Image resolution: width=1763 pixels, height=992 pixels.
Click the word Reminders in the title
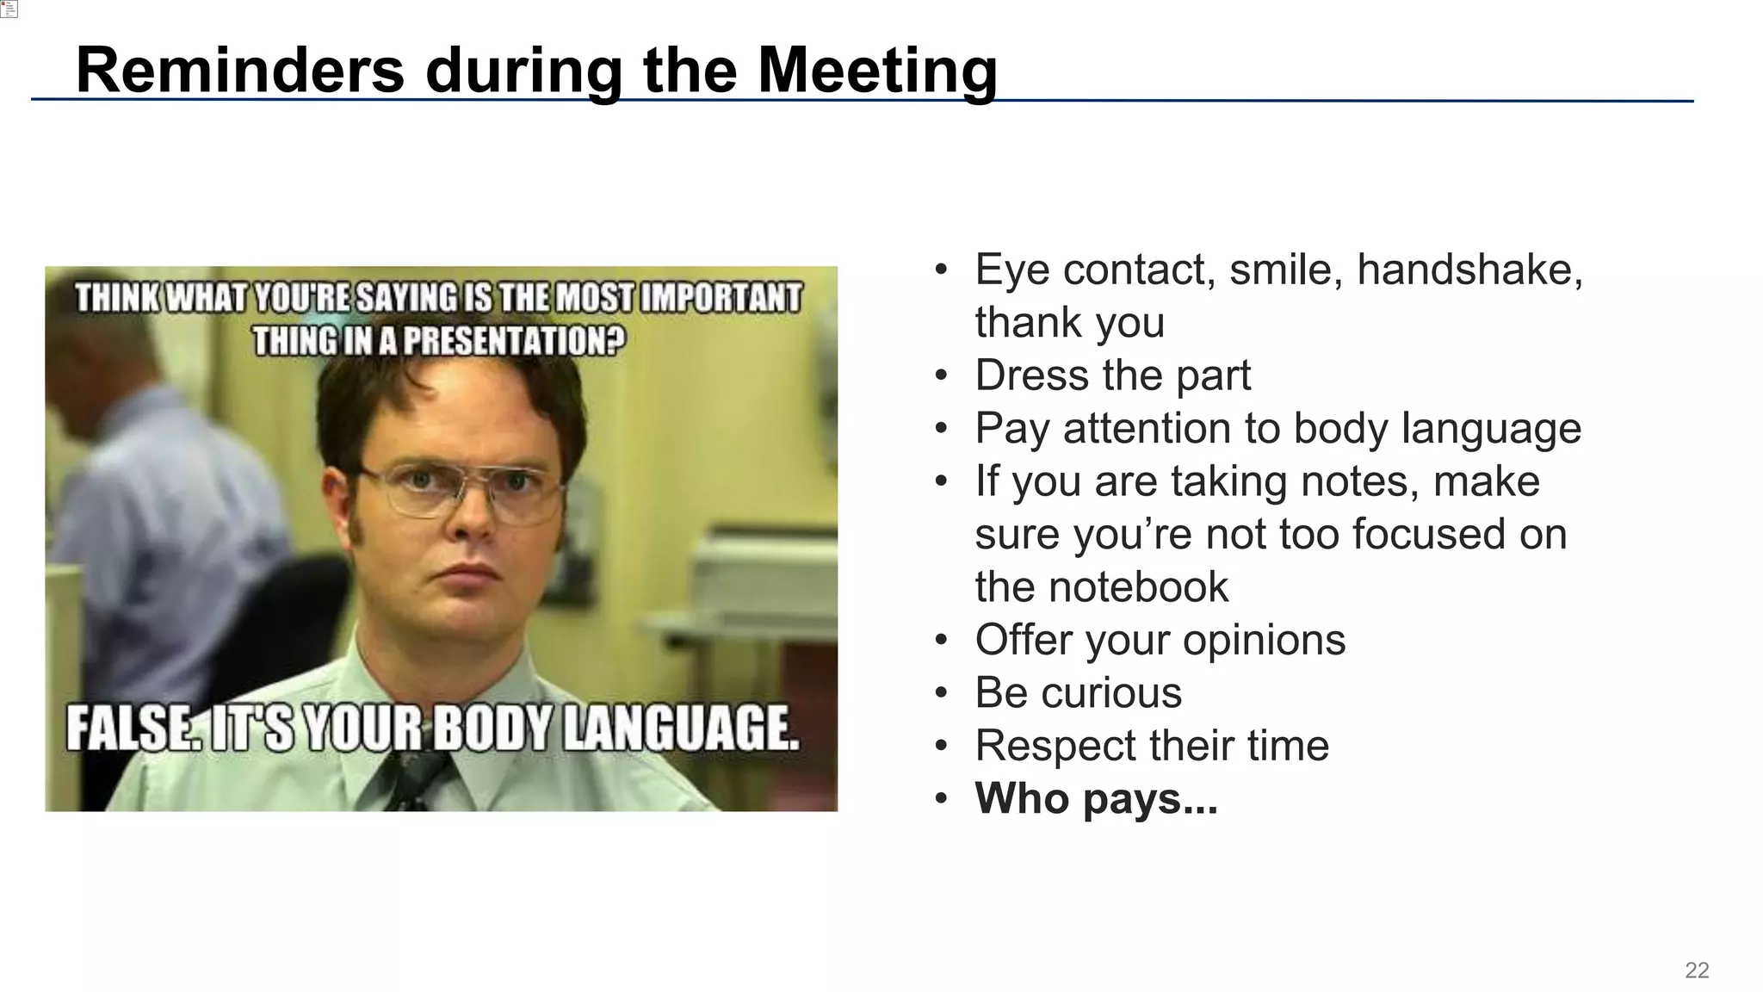240,71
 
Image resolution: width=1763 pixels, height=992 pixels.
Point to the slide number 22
1697,970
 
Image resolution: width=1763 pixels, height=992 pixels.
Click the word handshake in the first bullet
1468,270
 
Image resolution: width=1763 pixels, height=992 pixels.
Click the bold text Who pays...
1095,799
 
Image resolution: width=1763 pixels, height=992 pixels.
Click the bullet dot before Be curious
941,693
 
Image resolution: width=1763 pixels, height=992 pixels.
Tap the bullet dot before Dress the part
941,375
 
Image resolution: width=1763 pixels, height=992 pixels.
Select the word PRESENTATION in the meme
514,341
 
